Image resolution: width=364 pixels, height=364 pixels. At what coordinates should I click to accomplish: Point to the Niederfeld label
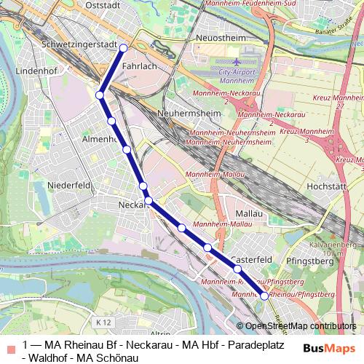(68, 186)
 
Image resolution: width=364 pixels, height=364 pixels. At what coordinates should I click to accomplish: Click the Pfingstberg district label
(311, 258)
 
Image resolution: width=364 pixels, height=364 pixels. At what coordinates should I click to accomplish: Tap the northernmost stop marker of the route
(124, 48)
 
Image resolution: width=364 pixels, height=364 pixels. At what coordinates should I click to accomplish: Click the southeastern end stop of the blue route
(264, 296)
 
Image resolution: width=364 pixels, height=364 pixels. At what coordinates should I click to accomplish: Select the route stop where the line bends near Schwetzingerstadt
(100, 95)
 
